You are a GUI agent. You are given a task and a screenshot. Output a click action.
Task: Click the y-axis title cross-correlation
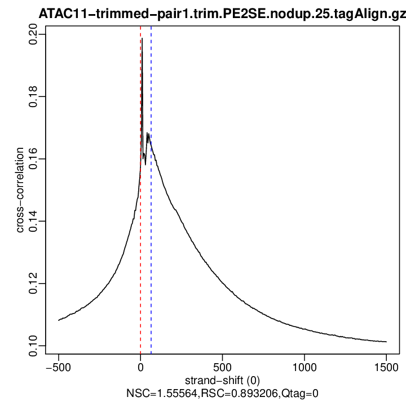pyautogui.click(x=20, y=191)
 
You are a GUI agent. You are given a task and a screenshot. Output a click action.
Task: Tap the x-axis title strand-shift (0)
pyautogui.click(x=222, y=381)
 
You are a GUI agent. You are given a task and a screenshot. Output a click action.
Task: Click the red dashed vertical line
pyautogui.click(x=140, y=254)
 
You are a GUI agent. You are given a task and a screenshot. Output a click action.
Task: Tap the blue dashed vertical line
pyautogui.click(x=151, y=254)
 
